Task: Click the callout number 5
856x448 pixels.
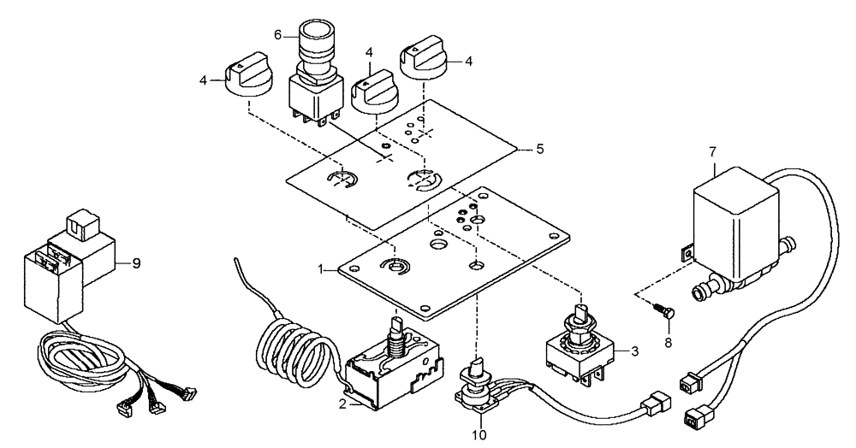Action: [x=538, y=149]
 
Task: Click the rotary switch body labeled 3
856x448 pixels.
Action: [x=582, y=351]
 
